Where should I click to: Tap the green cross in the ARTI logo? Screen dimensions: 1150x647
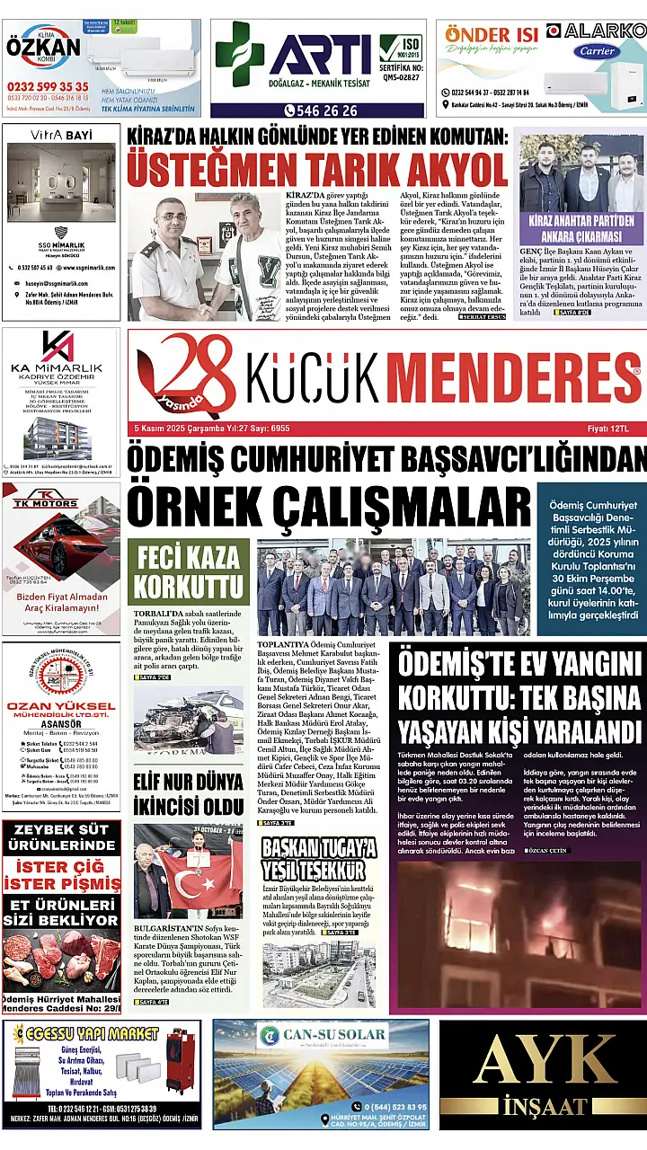(240, 53)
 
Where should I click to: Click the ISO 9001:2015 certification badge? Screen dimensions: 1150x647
(400, 49)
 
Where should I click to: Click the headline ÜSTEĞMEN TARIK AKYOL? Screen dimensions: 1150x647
(317, 169)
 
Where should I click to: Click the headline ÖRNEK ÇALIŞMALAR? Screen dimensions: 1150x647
(328, 506)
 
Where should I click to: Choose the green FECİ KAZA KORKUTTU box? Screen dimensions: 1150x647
(189, 571)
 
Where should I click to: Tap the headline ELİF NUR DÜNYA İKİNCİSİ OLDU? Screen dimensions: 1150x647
(189, 792)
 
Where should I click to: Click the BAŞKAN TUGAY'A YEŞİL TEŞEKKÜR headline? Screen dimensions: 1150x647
(318, 857)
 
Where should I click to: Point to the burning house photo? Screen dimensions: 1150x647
(519, 934)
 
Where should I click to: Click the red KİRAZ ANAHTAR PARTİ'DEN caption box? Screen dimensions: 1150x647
(581, 228)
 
